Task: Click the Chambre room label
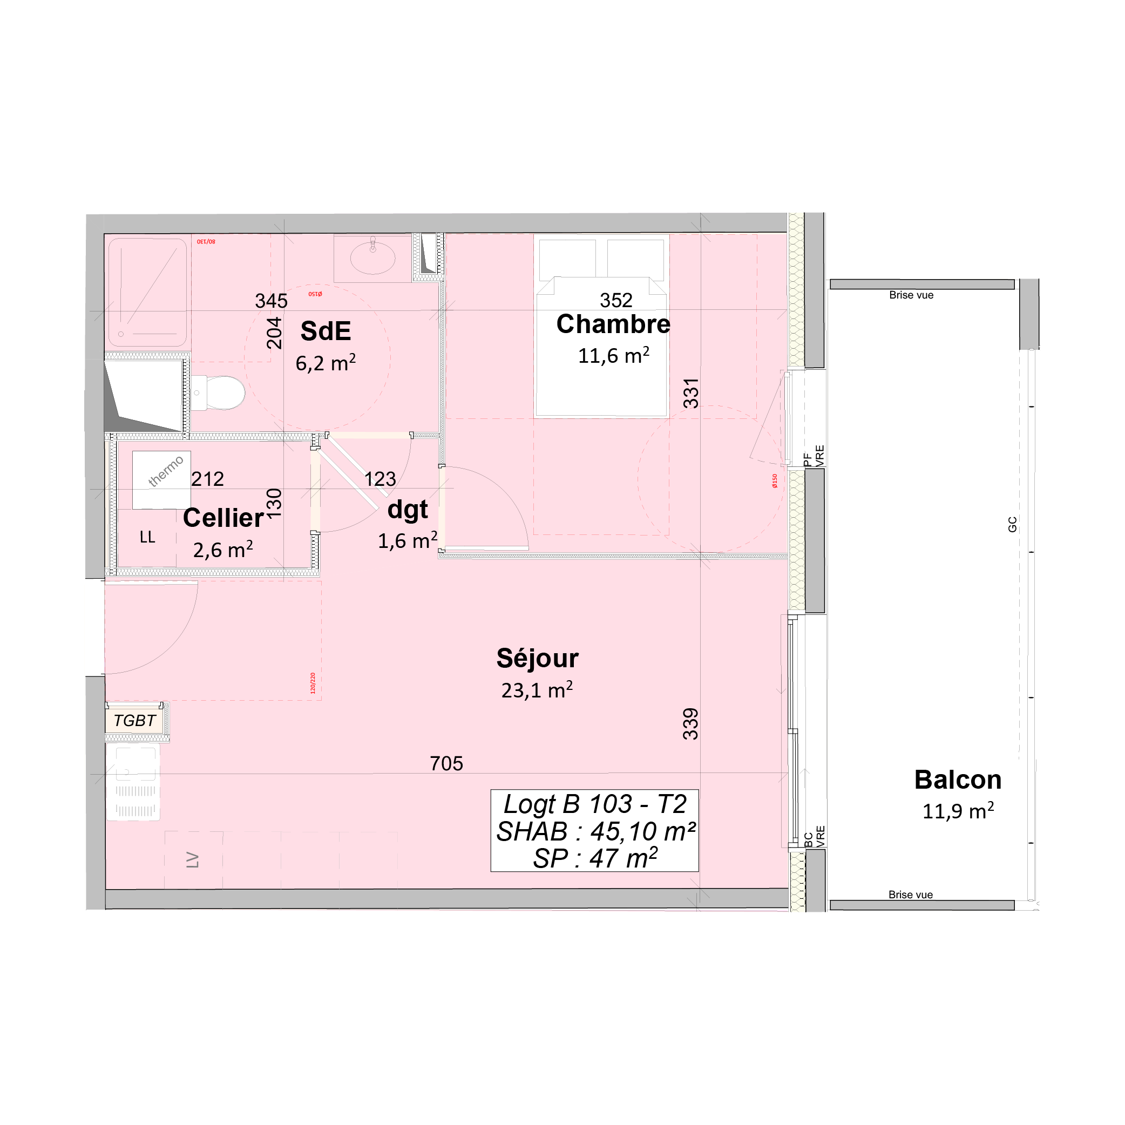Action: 613,324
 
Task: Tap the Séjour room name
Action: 537,658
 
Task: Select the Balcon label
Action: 957,780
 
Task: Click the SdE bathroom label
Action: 326,331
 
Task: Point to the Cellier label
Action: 223,518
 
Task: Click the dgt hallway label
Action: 408,510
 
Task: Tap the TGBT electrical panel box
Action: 134,721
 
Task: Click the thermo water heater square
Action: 161,480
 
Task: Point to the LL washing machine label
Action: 147,537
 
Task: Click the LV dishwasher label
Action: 193,860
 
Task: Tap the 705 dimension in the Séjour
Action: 446,763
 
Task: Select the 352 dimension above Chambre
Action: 615,300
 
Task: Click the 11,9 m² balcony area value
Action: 957,811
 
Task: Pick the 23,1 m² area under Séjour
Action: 537,690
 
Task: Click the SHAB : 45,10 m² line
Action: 595,831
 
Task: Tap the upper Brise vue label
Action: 911,295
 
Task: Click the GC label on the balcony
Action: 1012,524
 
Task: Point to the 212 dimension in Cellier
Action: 207,479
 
